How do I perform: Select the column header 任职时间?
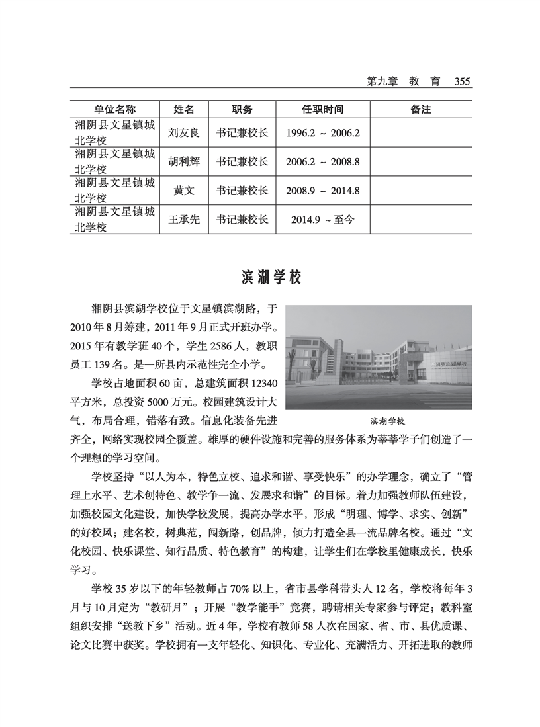(x=322, y=109)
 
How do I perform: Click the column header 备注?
(x=420, y=109)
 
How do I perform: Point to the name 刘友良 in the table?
(x=183, y=132)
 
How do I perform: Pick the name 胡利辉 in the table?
(x=183, y=161)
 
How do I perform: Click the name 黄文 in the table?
(x=183, y=191)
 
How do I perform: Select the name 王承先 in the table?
(x=183, y=220)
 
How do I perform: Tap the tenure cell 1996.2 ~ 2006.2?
(x=322, y=132)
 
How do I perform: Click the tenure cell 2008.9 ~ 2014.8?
(x=322, y=191)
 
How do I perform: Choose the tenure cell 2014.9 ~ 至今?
(x=322, y=220)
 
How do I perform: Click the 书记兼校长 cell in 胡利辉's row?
(x=242, y=161)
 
